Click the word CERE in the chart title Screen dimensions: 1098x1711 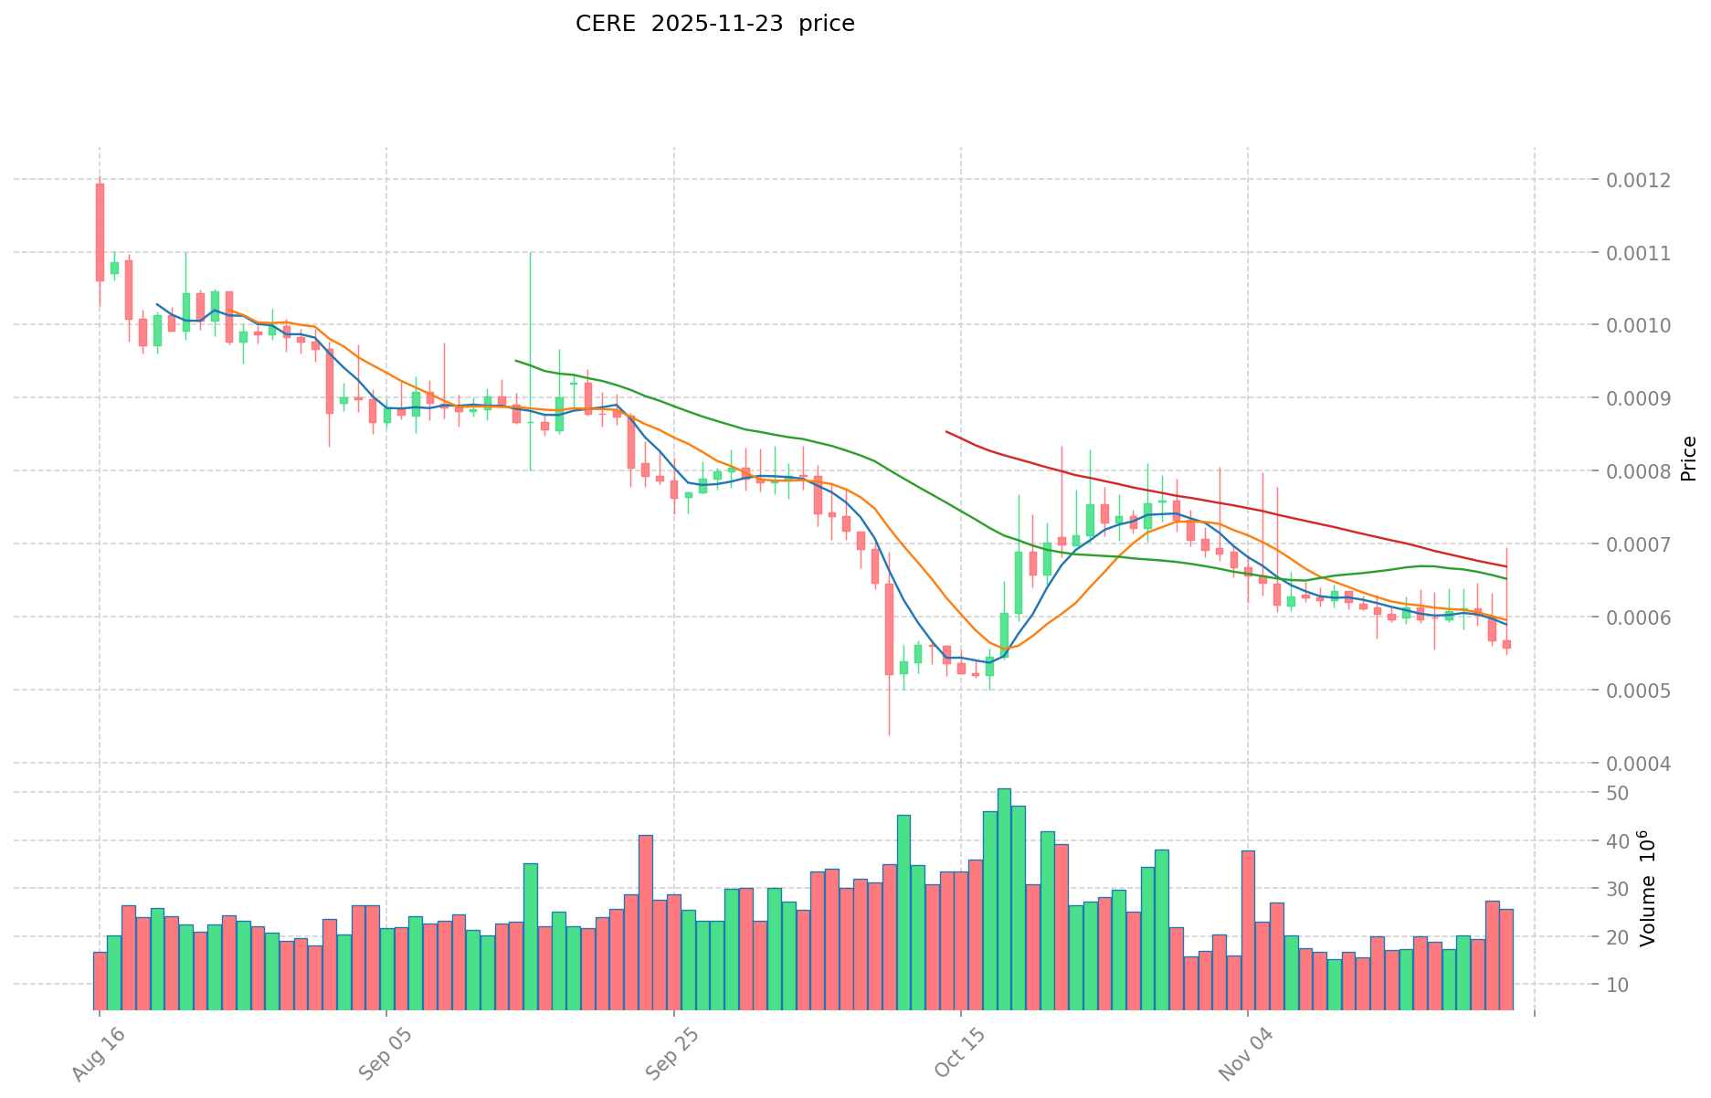[604, 24]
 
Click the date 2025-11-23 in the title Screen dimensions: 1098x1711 [717, 24]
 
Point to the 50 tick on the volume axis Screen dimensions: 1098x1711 [1618, 793]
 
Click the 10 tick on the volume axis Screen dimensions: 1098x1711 [1618, 985]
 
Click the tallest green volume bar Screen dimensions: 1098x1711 [1004, 899]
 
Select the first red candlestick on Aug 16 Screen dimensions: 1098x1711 [100, 232]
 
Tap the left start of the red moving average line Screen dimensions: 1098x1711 [946, 431]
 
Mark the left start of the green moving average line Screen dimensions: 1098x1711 [516, 361]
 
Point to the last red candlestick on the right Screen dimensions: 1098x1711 [1506, 644]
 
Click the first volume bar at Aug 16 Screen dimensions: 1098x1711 [100, 980]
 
